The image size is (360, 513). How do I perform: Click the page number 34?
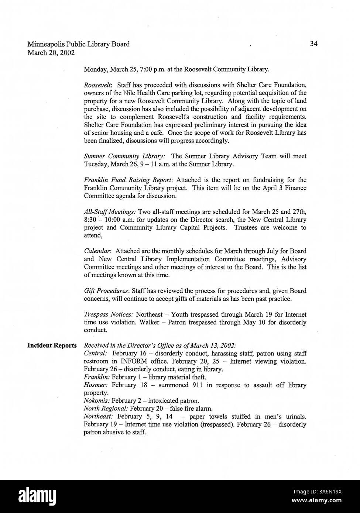(313, 44)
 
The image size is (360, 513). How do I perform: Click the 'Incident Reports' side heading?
(52, 346)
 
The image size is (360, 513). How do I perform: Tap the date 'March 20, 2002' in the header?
(51, 52)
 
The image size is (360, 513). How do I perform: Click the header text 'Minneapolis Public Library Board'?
(79, 44)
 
